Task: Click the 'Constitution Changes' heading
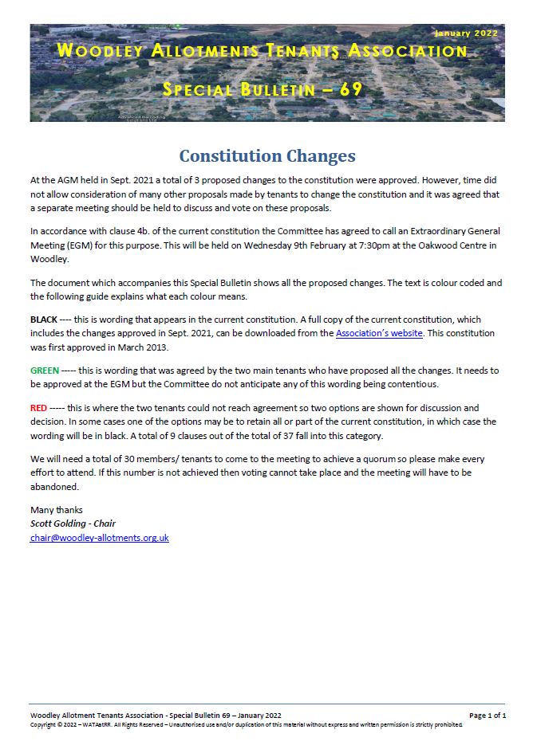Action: point(266,155)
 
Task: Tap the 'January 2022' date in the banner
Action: point(467,33)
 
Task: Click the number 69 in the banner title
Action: point(352,89)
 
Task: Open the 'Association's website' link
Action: point(379,333)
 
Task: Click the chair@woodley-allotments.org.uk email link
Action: point(99,538)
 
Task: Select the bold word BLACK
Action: point(44,319)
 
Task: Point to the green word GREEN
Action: point(45,371)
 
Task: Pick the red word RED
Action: point(38,408)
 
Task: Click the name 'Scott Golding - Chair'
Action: point(73,524)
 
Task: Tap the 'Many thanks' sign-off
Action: point(56,510)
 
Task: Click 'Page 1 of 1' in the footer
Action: point(487,716)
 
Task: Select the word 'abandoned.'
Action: point(55,485)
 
